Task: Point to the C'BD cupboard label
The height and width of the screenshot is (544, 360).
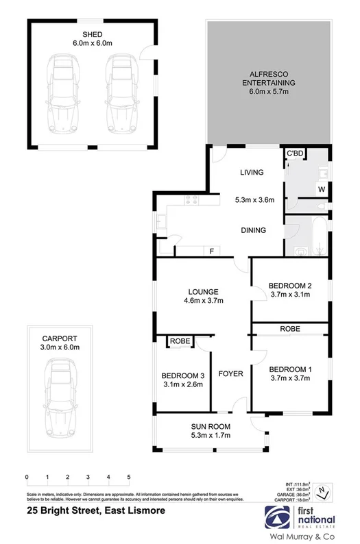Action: click(x=295, y=153)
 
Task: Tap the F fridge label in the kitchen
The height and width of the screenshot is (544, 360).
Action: click(x=211, y=251)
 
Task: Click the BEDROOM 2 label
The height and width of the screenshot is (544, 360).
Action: click(x=290, y=285)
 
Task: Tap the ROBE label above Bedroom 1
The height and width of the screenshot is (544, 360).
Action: click(x=289, y=330)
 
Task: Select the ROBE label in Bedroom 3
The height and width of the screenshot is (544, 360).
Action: click(x=180, y=341)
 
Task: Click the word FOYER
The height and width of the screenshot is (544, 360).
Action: click(x=231, y=374)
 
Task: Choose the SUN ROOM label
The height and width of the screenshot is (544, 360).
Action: click(x=211, y=426)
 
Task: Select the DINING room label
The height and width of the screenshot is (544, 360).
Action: click(x=253, y=230)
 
